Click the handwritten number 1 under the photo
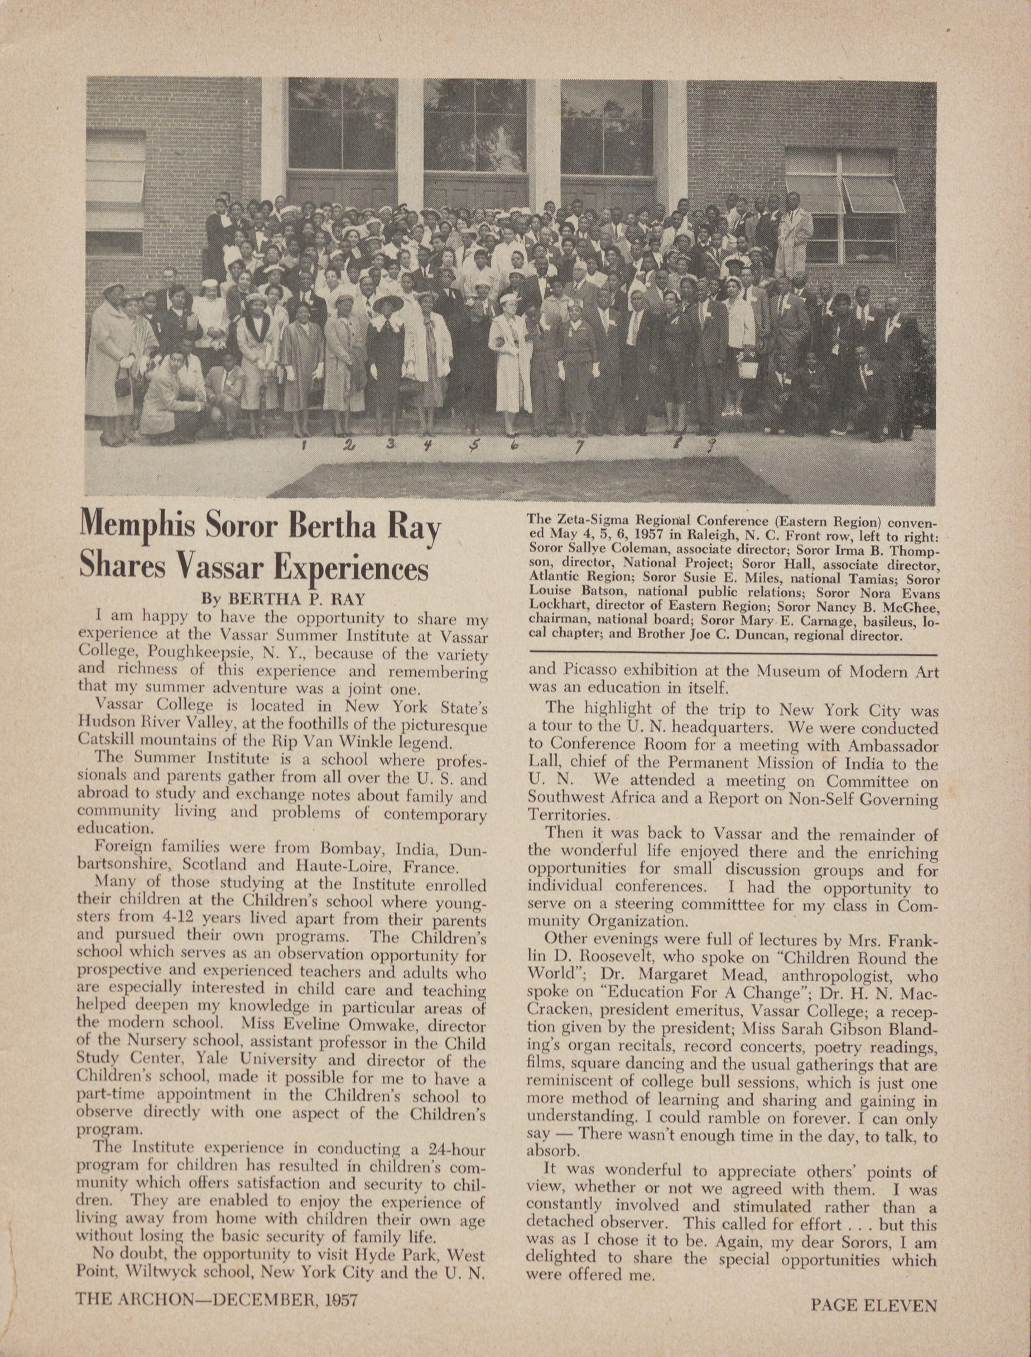tap(304, 446)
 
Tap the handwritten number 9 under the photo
tap(712, 444)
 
